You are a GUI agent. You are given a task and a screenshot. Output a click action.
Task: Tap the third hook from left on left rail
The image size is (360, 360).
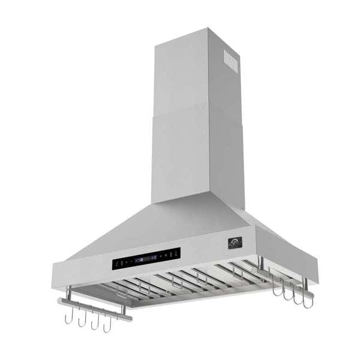[x=95, y=322]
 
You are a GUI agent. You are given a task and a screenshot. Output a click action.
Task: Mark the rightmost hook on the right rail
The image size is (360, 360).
[x=307, y=299]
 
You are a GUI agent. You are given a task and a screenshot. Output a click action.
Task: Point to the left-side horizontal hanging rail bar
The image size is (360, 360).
[x=96, y=310]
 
